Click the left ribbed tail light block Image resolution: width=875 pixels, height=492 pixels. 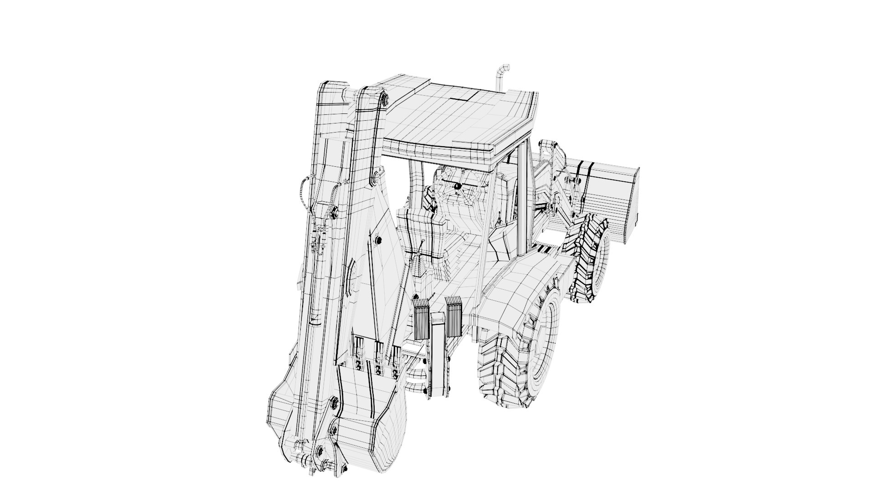pos(422,319)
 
